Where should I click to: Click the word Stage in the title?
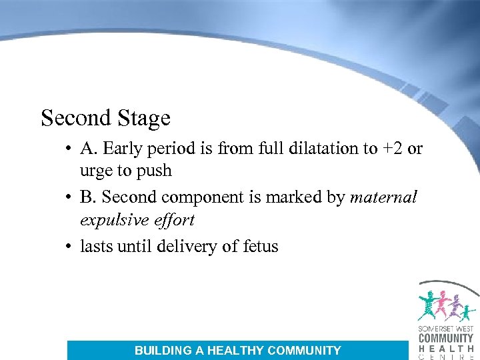143,119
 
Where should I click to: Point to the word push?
155,171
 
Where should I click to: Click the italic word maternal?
383,198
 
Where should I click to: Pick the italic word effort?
173,220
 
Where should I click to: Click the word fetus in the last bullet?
259,247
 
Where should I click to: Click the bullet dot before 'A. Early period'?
69,149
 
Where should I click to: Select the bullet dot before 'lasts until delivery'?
69,247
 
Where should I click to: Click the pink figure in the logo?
441,305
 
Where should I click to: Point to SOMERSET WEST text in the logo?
446,328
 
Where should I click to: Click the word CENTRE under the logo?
446,356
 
